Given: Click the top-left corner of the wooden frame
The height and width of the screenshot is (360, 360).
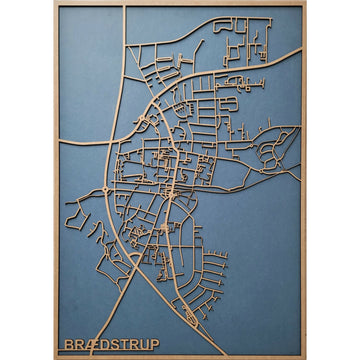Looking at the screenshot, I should point(55,4).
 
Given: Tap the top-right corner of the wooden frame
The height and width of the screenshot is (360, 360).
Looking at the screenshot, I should point(305,4).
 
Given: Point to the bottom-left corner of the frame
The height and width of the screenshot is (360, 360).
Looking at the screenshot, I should point(55,356).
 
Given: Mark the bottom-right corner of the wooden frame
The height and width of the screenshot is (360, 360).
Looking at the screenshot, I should point(305,356).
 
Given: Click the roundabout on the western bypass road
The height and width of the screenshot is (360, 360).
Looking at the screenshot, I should point(107,187).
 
